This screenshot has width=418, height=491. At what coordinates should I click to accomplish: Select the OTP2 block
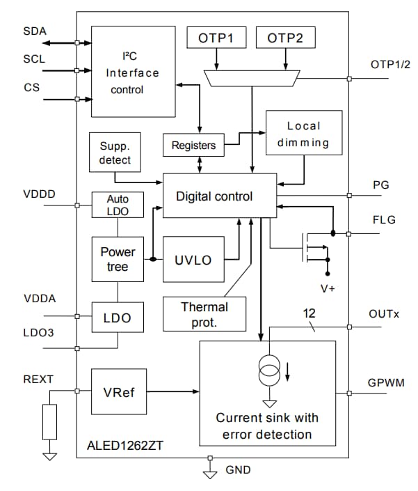(285, 38)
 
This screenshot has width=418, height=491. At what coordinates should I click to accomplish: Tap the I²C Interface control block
(133, 72)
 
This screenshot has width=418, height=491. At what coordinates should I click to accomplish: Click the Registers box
(193, 146)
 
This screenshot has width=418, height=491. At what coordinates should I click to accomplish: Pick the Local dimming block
(304, 134)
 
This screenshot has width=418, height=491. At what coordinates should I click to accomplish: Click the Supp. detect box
(115, 154)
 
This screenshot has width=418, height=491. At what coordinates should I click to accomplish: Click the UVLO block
(193, 260)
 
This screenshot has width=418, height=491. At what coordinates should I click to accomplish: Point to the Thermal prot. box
(204, 313)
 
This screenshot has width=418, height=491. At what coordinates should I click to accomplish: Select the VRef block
(118, 392)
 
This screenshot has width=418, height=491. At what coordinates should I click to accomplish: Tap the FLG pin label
(383, 221)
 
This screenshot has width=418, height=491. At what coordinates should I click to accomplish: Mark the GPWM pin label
(385, 384)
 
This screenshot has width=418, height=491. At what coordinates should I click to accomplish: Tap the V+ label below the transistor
(326, 287)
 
